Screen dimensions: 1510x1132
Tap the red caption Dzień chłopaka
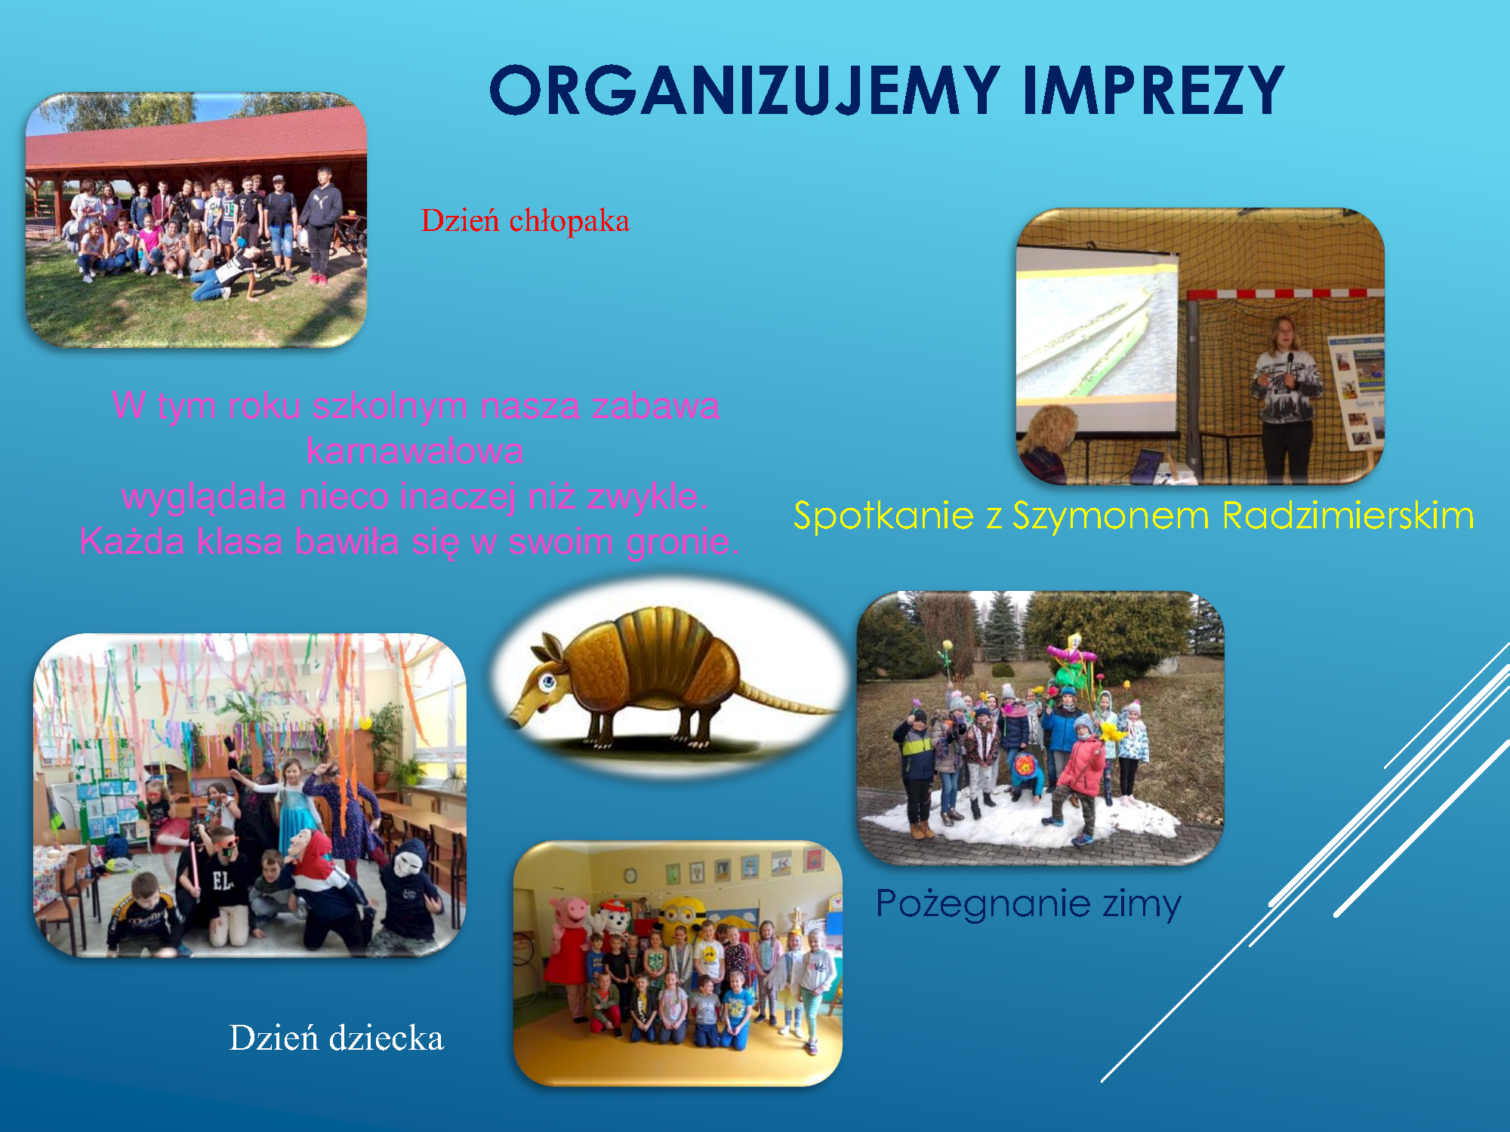click(525, 220)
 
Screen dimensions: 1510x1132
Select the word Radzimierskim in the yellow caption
click(1348, 515)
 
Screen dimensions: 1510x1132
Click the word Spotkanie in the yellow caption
click(883, 517)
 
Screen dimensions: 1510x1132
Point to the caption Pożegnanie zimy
click(1028, 903)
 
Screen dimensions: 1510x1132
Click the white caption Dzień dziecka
click(337, 1038)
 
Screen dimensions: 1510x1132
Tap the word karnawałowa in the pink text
click(414, 451)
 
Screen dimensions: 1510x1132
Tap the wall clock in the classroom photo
click(630, 875)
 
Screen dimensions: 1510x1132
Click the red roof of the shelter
click(196, 140)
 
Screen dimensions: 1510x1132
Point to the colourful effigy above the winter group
click(1071, 664)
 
